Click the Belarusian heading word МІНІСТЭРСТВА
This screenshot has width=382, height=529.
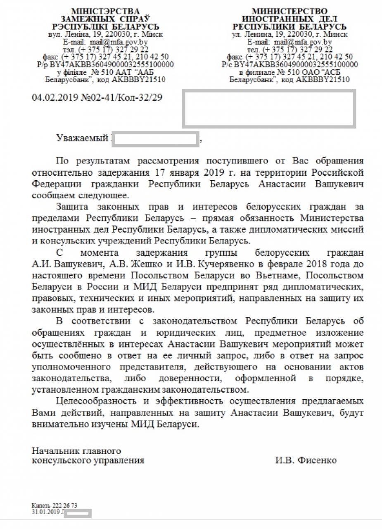(106, 11)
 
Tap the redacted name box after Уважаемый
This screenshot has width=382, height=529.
(156, 139)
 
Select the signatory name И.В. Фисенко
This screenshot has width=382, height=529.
(306, 460)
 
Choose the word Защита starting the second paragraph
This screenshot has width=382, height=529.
(72, 206)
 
